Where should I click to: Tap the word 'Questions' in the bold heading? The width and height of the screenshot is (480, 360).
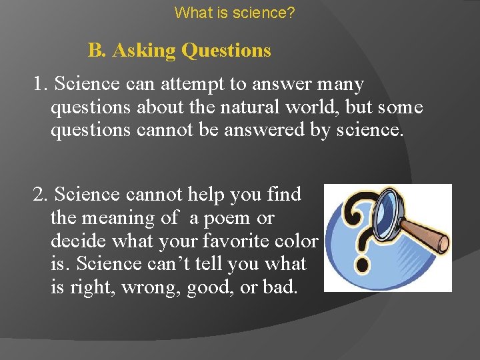click(x=226, y=51)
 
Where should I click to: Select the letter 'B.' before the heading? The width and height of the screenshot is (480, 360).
click(x=97, y=51)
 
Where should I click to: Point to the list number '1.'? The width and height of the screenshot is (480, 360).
click(x=41, y=85)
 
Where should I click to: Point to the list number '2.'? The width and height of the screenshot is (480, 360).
click(x=41, y=195)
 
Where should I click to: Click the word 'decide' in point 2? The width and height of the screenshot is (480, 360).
click(x=74, y=241)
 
